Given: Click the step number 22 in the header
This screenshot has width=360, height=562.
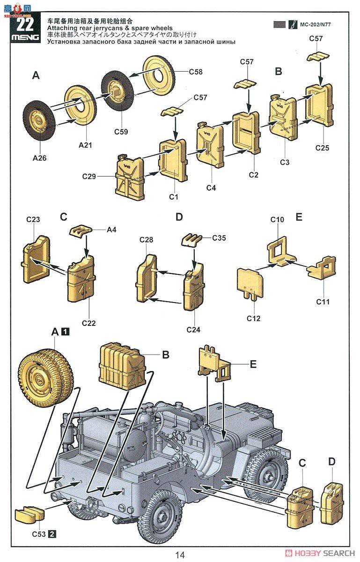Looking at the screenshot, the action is click(x=25, y=24).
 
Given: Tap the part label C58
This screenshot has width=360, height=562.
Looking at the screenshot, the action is click(x=196, y=72).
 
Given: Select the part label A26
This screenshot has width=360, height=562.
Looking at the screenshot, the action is click(x=39, y=158).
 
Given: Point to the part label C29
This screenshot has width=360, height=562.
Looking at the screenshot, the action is click(x=89, y=177).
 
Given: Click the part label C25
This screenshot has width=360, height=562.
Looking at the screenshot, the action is click(x=322, y=148).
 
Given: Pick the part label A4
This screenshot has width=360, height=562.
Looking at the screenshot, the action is click(x=111, y=229).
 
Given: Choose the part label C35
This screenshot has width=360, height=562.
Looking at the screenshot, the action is click(x=219, y=238).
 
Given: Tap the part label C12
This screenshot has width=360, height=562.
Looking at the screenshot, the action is click(x=253, y=318).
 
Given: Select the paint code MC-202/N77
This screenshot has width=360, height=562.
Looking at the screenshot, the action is click(x=316, y=24).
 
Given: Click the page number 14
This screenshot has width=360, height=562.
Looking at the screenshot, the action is click(x=180, y=555).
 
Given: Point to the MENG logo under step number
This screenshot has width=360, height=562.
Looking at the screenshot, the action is click(x=25, y=37).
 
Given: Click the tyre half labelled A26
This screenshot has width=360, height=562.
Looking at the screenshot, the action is click(x=39, y=122).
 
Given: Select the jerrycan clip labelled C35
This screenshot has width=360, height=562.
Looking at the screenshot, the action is click(x=191, y=239).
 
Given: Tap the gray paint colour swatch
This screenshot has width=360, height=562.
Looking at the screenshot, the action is click(x=279, y=24).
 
